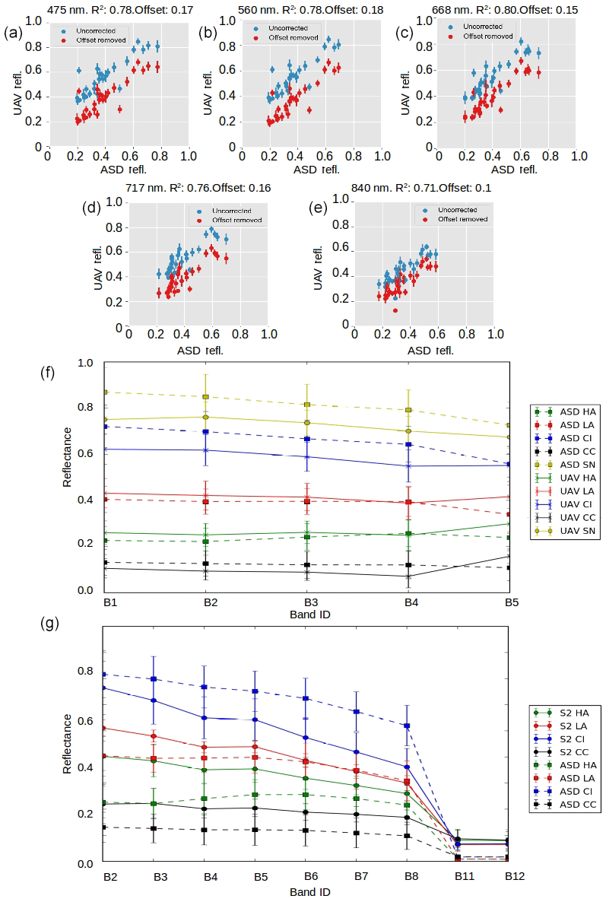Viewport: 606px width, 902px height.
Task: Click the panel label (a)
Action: coord(11,33)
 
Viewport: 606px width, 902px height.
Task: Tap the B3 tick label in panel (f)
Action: coord(306,602)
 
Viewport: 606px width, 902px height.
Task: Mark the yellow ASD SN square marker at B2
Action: coord(205,397)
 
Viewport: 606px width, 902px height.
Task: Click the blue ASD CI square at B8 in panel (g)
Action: coord(407,726)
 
